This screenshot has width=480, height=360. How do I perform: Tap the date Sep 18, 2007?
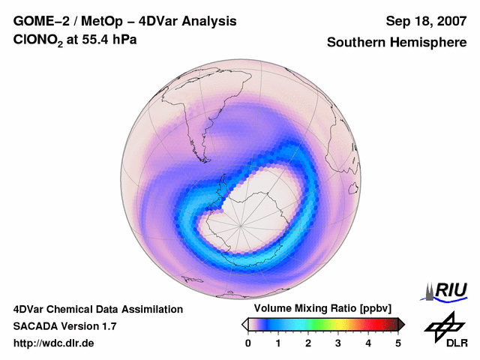(x=424, y=21)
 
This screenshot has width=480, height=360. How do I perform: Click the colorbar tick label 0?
(x=248, y=343)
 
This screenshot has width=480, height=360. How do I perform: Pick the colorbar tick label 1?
(x=278, y=343)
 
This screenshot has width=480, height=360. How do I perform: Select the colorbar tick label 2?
(x=308, y=343)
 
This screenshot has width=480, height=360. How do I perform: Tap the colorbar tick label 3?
(x=338, y=343)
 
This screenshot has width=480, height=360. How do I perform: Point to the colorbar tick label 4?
(x=368, y=343)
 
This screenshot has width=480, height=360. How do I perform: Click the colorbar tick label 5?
(x=398, y=343)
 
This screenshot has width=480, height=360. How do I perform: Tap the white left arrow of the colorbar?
(x=245, y=324)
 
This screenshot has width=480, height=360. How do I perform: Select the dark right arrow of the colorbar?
(x=401, y=324)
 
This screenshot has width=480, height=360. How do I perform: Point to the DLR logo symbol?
(x=444, y=325)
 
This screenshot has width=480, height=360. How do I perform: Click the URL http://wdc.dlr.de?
(x=54, y=343)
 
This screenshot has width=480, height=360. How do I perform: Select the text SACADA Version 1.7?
(x=64, y=326)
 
